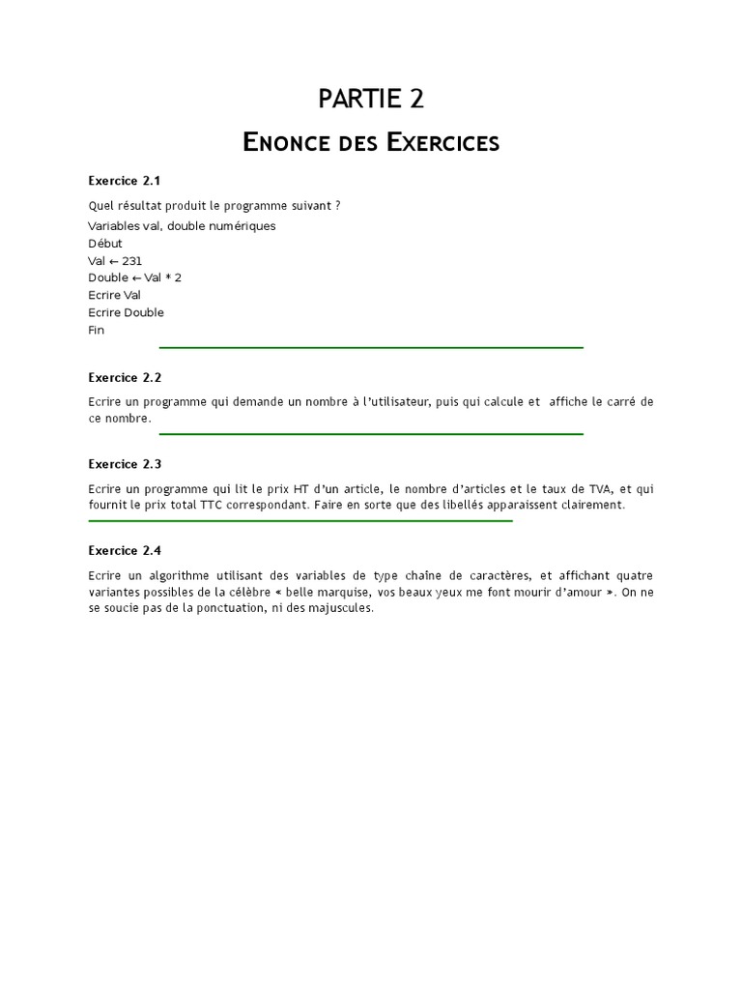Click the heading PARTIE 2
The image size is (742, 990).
tap(371, 99)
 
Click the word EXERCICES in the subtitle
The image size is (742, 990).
tap(442, 144)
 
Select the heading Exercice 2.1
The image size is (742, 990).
tap(125, 181)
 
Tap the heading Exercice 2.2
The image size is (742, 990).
tap(125, 378)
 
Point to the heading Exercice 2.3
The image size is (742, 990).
tap(125, 464)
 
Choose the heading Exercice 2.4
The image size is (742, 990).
tap(125, 551)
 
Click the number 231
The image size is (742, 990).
tap(132, 261)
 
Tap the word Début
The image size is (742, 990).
tap(105, 244)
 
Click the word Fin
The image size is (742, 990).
tap(97, 331)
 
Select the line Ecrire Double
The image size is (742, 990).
tap(126, 313)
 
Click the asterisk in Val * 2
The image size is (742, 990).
tap(167, 278)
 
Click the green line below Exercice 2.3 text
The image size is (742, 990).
tap(300, 521)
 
